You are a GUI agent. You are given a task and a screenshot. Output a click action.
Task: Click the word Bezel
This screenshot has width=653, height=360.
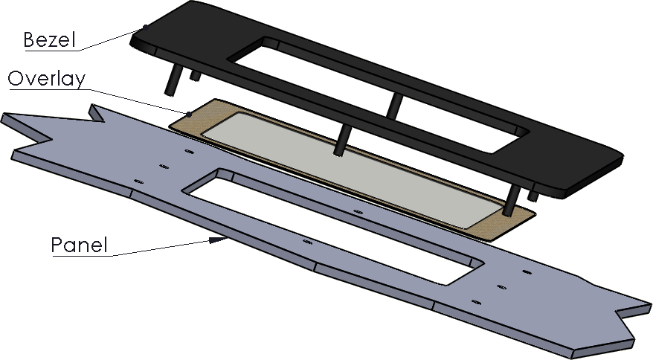49,40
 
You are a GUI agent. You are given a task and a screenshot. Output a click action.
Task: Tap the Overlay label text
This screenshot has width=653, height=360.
47,79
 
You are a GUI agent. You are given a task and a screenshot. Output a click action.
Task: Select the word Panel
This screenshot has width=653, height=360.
79,245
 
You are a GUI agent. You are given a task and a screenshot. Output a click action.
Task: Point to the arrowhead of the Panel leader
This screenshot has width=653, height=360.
218,240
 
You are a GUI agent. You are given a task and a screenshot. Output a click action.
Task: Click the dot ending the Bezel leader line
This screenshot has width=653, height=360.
145,28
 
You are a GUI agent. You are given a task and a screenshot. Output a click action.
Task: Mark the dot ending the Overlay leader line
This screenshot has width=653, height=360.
189,114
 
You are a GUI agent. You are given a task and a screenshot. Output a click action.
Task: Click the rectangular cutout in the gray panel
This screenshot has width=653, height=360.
333,227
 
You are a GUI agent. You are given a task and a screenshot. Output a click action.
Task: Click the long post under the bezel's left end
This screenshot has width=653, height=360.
172,80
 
